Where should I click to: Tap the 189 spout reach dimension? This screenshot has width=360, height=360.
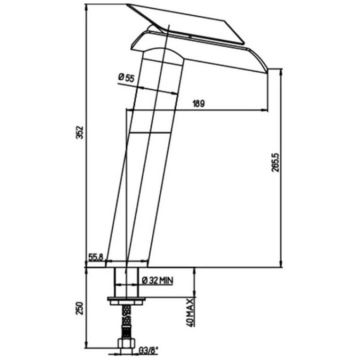click(198, 104)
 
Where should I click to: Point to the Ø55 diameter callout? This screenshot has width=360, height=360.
click(126, 78)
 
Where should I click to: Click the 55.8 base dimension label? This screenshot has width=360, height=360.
click(96, 257)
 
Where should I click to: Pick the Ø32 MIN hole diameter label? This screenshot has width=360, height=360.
click(157, 281)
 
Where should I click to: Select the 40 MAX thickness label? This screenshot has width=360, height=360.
click(190, 312)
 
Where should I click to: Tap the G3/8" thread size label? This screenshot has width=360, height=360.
click(148, 350)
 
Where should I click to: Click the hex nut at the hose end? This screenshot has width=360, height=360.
click(127, 344)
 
